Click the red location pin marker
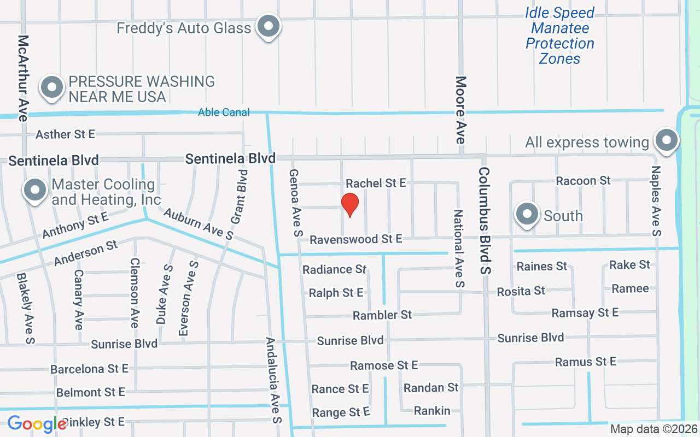point(350,205)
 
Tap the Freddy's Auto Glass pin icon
point(269,26)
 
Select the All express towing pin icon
point(666,140)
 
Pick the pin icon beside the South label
point(527,215)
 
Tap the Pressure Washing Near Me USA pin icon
point(52,87)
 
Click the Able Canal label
point(224,112)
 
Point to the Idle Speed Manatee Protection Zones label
point(559,36)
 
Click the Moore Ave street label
point(461,110)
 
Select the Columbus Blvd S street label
point(485,220)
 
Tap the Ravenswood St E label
point(355,239)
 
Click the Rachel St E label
point(376,184)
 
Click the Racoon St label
point(583,180)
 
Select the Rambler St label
point(382,315)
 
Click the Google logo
point(37,423)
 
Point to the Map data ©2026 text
point(654,429)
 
